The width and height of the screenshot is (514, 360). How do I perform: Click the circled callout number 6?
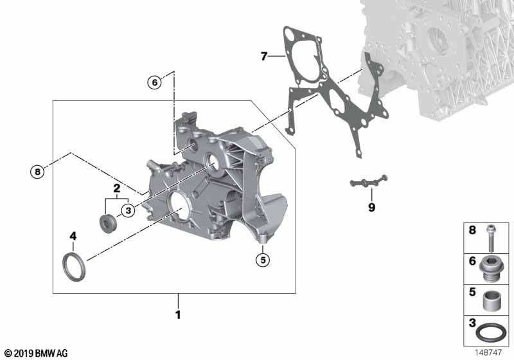coord(154,82)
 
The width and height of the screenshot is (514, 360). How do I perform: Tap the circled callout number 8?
coord(37,172)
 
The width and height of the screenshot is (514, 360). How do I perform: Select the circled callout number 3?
coord(128,210)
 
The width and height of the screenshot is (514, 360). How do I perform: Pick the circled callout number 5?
coord(263,260)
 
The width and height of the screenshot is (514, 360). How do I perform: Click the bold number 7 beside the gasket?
coord(264,56)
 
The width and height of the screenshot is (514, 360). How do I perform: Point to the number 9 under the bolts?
coord(371,207)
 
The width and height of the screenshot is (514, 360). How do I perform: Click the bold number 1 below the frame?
coord(178,315)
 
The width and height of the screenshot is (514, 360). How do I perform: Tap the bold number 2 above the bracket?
coord(116,188)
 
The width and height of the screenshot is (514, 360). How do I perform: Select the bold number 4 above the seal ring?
coord(73,236)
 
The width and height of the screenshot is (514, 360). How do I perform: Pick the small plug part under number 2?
coord(108,224)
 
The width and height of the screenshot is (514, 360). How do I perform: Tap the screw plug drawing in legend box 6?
coord(490,269)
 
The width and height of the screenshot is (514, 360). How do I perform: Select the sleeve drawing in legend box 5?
coord(491,300)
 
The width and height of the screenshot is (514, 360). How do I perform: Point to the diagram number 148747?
coord(488,352)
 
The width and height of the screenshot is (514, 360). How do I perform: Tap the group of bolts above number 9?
coord(369,181)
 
